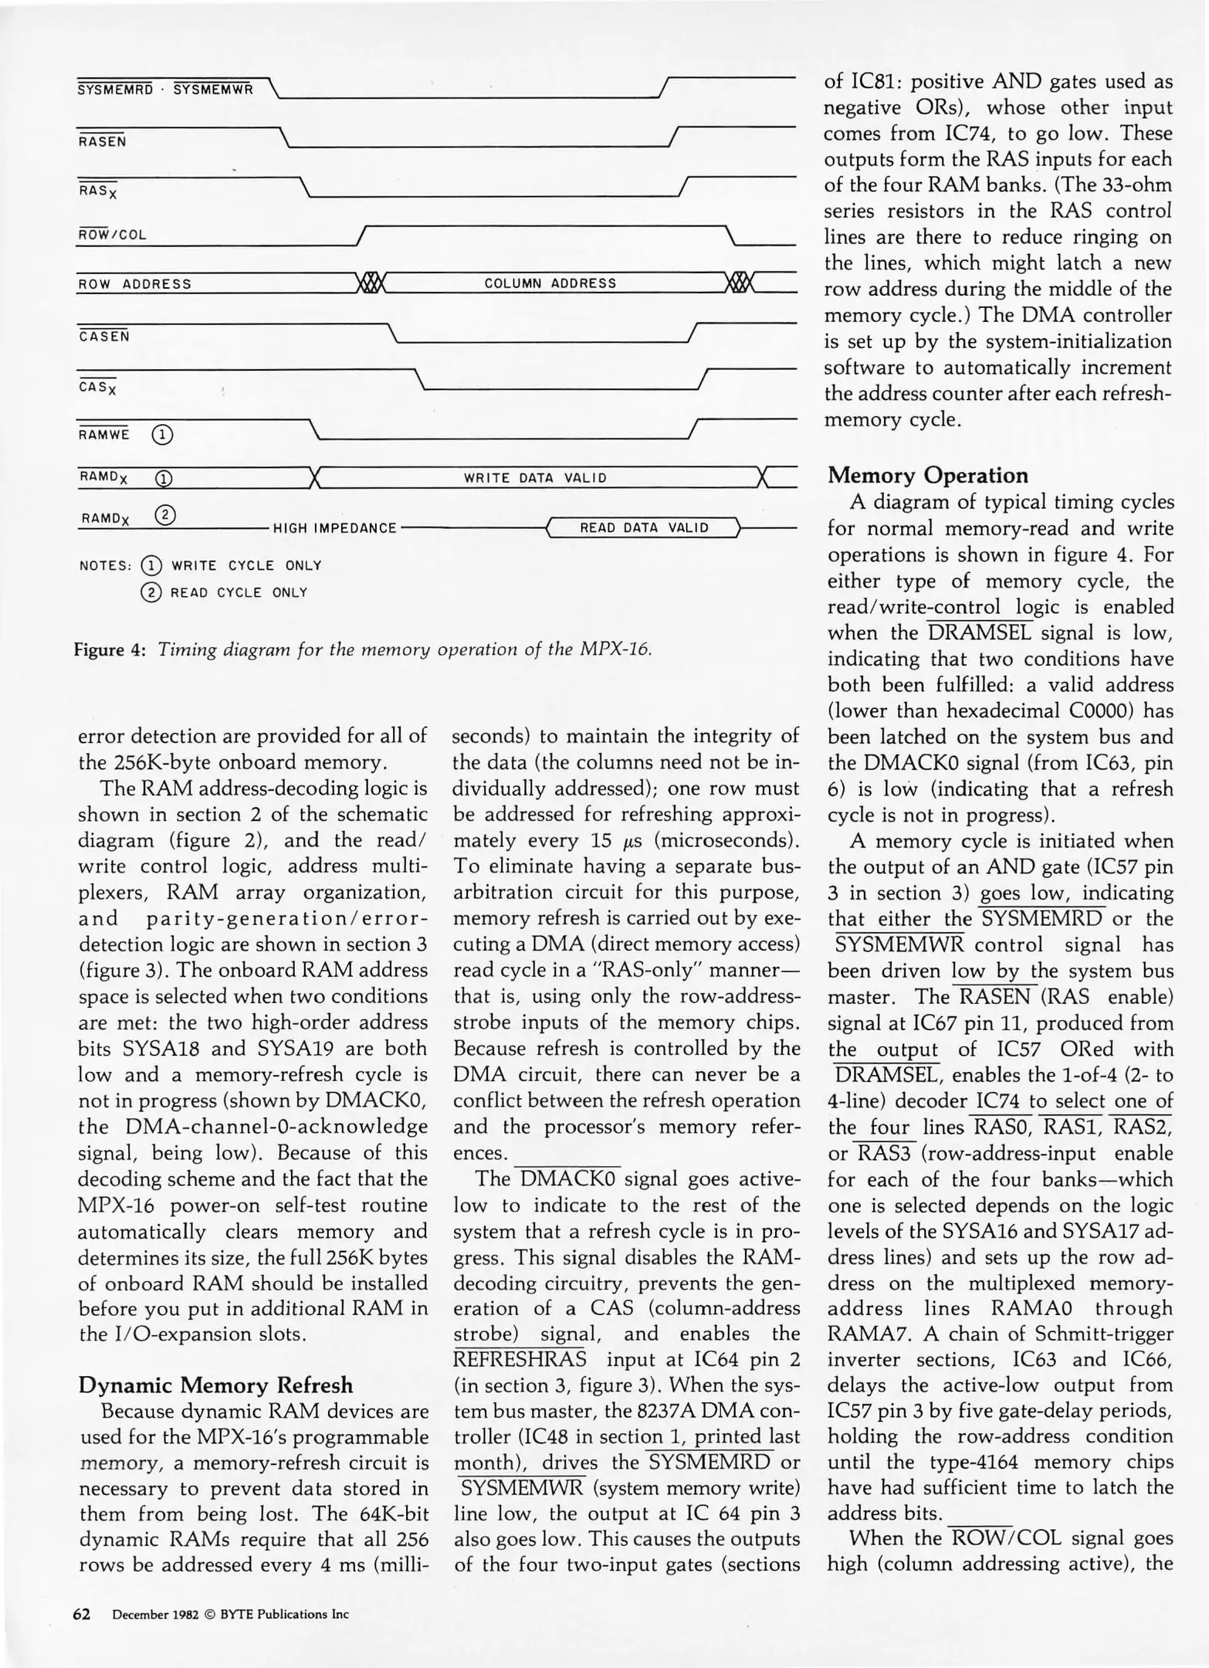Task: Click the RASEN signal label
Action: [x=103, y=141]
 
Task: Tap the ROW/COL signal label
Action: [x=112, y=235]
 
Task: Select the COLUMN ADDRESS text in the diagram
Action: [x=550, y=283]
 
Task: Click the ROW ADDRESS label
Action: [x=134, y=284]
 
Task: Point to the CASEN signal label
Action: [x=104, y=337]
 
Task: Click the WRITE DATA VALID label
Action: [x=535, y=478]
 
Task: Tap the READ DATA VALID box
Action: [x=644, y=528]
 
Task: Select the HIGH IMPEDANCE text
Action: [x=335, y=529]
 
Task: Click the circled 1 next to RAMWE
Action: [x=162, y=436]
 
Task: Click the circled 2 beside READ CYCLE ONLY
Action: [x=152, y=593]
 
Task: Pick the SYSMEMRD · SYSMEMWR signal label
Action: [x=165, y=90]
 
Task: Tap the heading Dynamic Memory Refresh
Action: [x=215, y=1385]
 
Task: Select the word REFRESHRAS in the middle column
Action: [x=520, y=1358]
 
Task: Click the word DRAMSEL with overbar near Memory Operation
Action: [x=980, y=633]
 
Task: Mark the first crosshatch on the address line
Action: [x=371, y=283]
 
